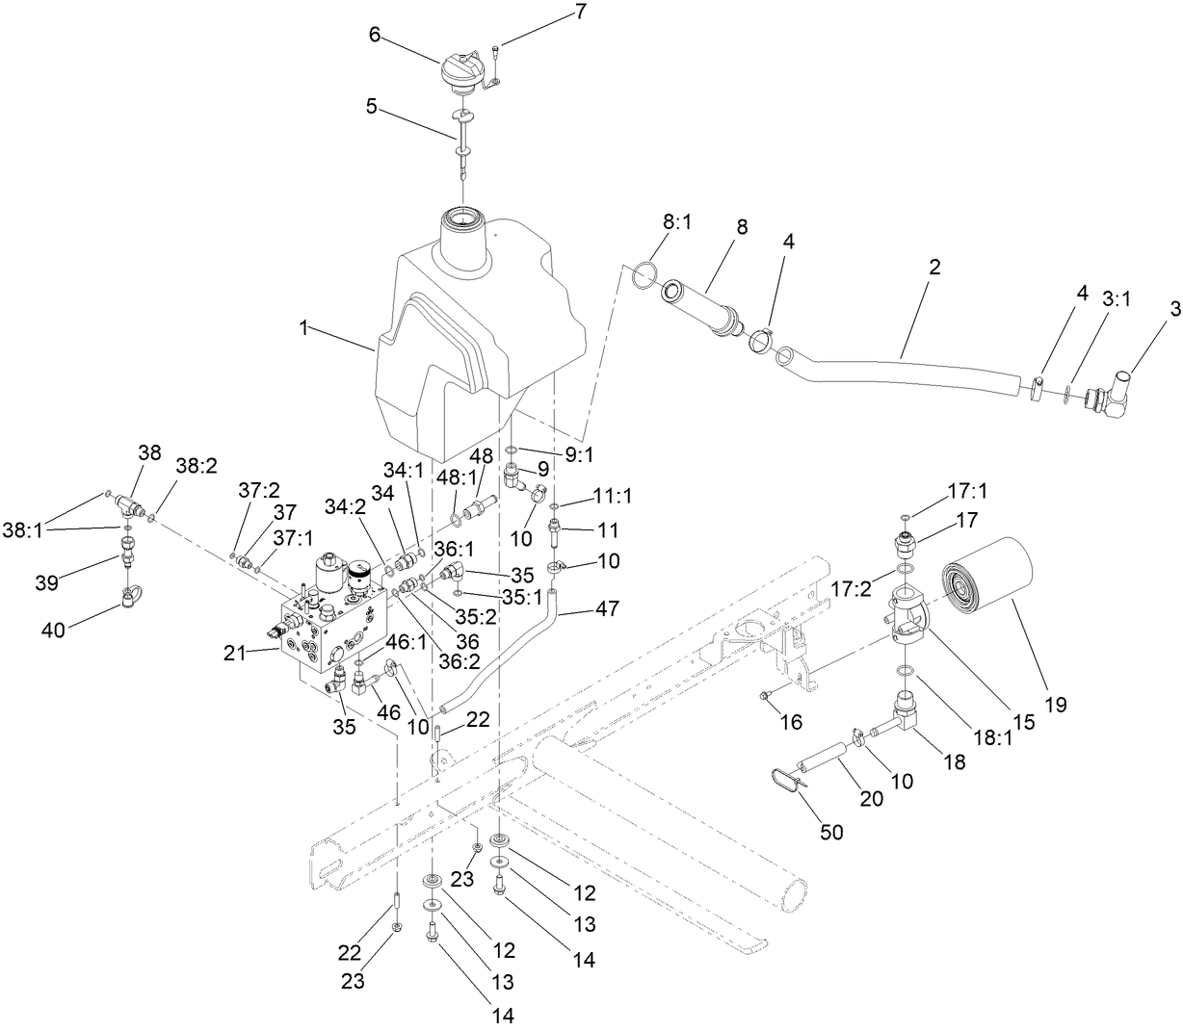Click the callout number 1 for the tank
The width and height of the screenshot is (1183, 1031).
(303, 328)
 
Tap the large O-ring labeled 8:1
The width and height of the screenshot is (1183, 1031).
(645, 275)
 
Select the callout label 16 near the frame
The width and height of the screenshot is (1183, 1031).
(791, 721)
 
